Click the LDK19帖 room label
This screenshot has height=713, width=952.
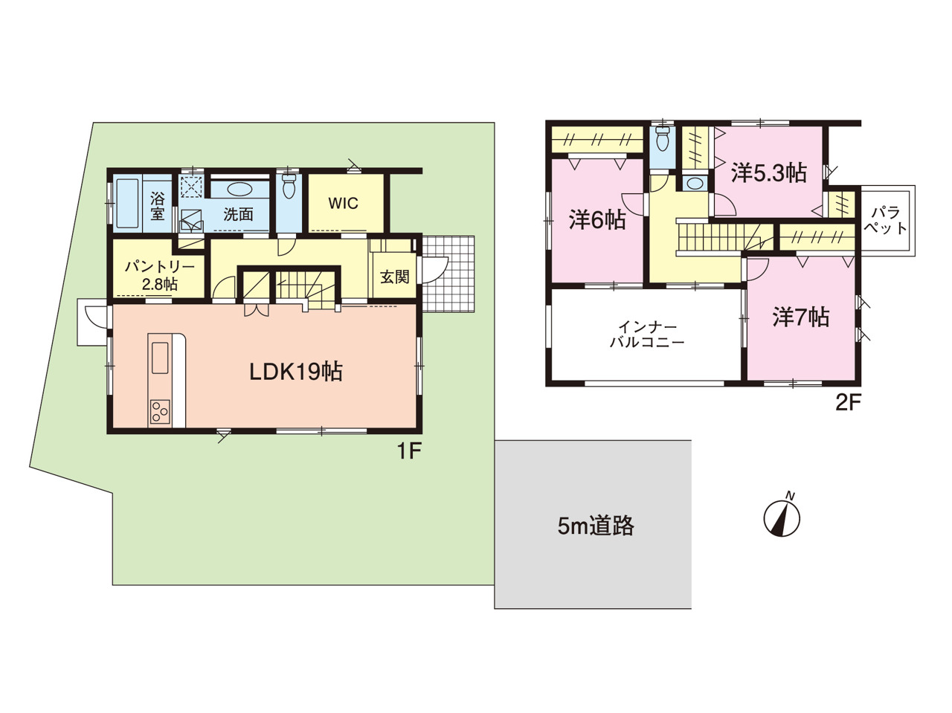coord(296,372)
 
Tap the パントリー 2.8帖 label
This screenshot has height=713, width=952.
coord(159,276)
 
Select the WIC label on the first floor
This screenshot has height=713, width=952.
coord(343,203)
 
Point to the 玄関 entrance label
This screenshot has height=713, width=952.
coord(395,277)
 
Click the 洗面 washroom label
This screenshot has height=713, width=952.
coord(238,214)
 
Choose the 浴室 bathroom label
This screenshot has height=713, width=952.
coord(158,207)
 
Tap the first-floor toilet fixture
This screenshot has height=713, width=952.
coord(289,187)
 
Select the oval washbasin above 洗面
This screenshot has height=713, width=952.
coord(239,190)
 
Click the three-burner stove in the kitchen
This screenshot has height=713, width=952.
coord(160,412)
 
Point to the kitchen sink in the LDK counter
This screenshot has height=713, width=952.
coord(160,357)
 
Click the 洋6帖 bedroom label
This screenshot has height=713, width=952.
coord(597,220)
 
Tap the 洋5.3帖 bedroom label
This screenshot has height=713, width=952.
coord(768,173)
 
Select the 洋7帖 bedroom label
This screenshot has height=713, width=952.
coord(800,317)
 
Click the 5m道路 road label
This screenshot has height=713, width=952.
coord(596,526)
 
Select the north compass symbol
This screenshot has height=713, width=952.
coord(782,517)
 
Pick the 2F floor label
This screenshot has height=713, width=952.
coord(848,404)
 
